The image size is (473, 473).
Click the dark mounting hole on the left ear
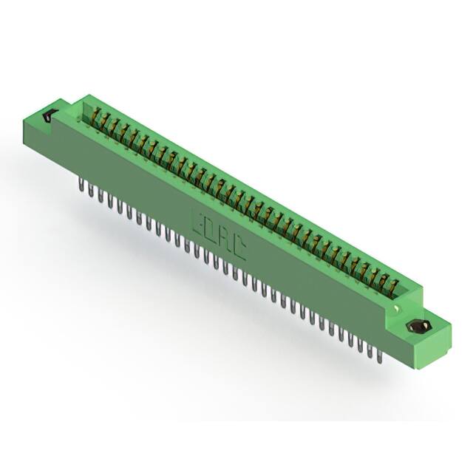[x=50, y=116]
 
